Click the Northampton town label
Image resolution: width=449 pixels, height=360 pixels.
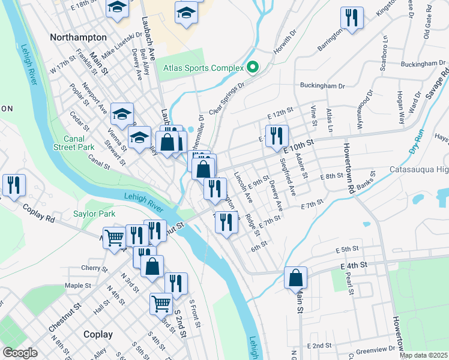click(x=79, y=37)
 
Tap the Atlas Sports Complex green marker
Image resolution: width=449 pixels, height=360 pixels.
click(x=253, y=68)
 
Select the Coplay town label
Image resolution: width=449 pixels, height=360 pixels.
click(x=98, y=334)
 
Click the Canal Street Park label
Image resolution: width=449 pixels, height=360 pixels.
click(x=74, y=143)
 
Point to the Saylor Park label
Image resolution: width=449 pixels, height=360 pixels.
click(x=94, y=213)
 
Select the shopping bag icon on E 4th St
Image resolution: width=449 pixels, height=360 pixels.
click(x=295, y=277)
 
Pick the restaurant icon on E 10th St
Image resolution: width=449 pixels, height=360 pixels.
click(x=277, y=136)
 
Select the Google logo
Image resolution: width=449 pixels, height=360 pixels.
click(x=20, y=353)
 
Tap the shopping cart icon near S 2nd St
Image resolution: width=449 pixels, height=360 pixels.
click(x=161, y=304)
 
